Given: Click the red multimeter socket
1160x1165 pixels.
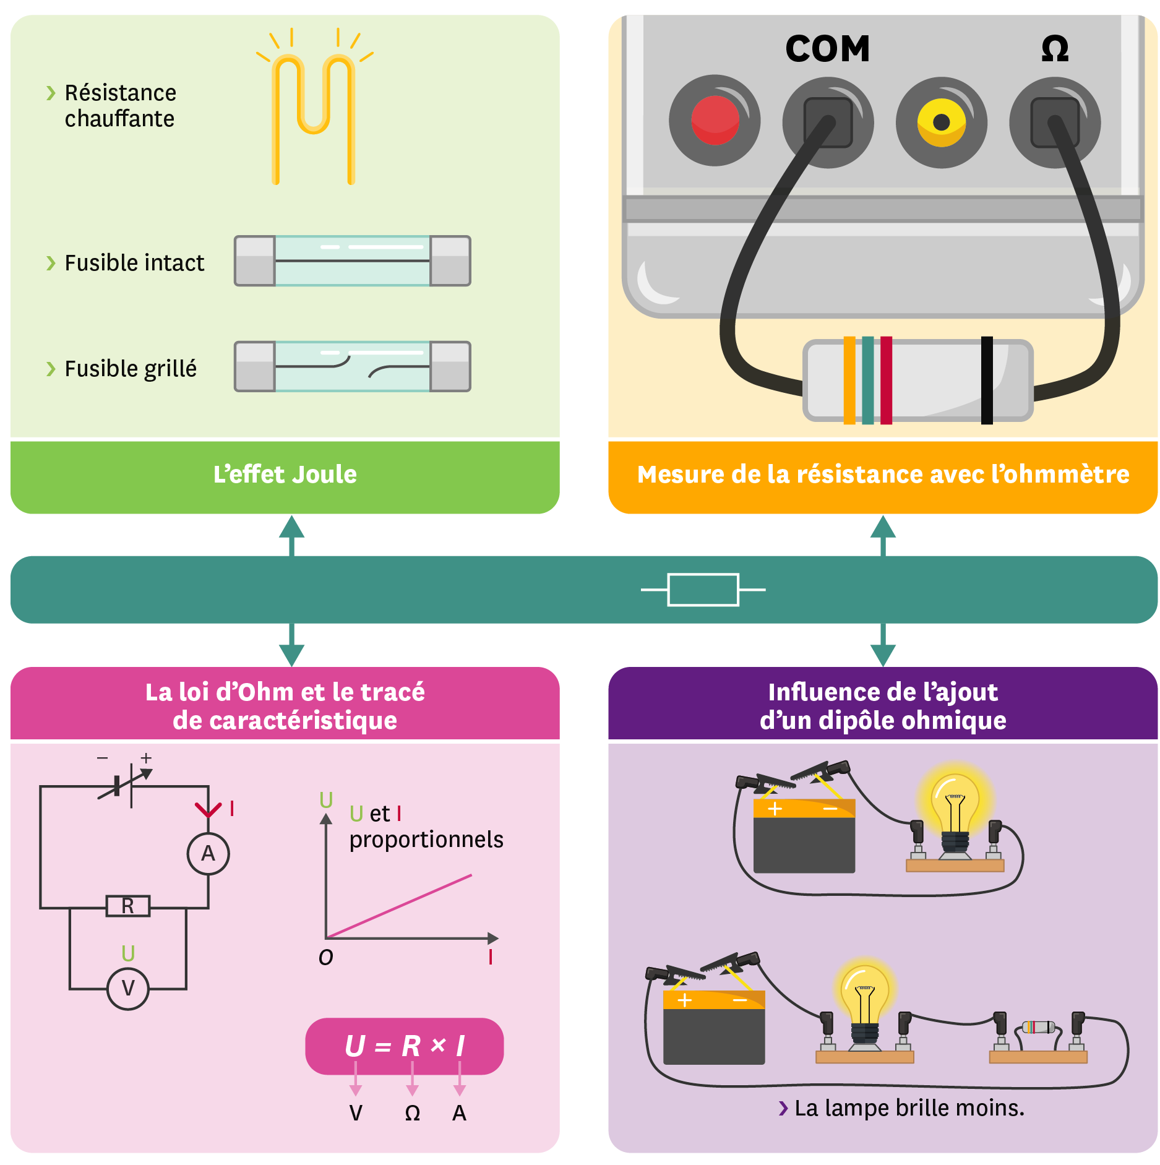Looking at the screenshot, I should pos(715,120).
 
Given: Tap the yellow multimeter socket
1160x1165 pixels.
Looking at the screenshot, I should pos(941,122).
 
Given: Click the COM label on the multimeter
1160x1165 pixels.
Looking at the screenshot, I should pos(827,49).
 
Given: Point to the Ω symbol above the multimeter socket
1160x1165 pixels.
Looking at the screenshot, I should pos(1055,49).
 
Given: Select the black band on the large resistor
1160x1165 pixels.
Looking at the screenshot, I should pos(987,380).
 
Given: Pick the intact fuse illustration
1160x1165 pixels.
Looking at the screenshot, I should pos(352,261).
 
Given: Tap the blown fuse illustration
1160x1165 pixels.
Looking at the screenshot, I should pos(352,366).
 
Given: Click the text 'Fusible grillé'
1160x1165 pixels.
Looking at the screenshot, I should pos(131,369).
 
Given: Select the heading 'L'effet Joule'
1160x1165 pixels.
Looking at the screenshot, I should pos(285,475).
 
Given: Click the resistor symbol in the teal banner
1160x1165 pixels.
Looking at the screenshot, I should pos(703,590).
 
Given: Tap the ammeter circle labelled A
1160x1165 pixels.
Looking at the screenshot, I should pos(208,854).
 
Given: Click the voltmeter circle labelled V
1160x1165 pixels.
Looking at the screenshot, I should pos(128,989).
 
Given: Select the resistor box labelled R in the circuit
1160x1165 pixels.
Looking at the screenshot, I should pos(128,906).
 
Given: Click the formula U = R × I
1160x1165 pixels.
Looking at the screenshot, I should pos(405,1046).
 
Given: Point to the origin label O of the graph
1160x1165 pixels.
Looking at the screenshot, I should pos(325,958).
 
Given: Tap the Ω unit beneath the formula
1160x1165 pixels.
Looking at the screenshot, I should pos(412,1113).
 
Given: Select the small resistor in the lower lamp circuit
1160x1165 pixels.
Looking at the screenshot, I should pos(1038,1028).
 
